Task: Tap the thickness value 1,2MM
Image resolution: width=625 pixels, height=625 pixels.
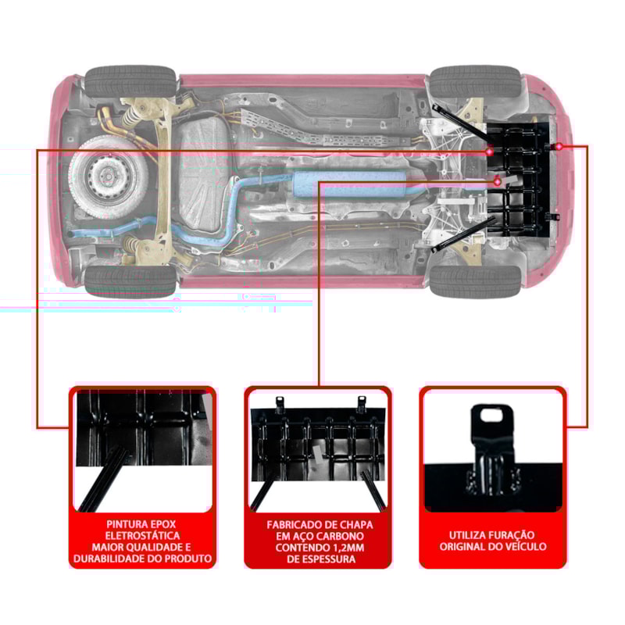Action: [346, 547]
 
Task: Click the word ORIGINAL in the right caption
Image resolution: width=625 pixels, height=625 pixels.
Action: [466, 547]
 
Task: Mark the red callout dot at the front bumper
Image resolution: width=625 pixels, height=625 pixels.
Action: [560, 147]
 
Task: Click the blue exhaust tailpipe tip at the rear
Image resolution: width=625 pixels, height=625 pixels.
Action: [73, 234]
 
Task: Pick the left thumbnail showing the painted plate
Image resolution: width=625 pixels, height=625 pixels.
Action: [142, 449]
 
